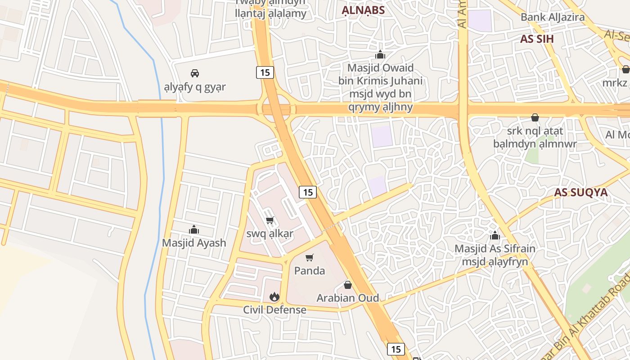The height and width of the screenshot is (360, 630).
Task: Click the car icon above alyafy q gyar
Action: [x=194, y=73]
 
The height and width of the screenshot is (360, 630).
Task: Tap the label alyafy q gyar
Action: [x=195, y=86]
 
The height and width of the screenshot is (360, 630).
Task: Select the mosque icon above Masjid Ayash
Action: [x=194, y=229]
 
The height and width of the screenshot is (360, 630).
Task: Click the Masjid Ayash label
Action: [x=194, y=243]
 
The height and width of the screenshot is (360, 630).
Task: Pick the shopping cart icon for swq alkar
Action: [x=270, y=220]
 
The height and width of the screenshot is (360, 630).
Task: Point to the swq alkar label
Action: [x=270, y=234]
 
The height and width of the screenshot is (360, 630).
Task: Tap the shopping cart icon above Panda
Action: [x=309, y=257]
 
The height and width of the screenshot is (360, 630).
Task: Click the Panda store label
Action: [x=310, y=270]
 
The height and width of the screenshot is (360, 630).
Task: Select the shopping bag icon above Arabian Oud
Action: [x=347, y=284]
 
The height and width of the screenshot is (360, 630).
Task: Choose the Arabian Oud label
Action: [x=348, y=298]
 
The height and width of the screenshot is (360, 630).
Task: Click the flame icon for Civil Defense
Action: [x=274, y=297]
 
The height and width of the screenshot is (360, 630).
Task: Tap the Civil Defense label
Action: [x=274, y=310]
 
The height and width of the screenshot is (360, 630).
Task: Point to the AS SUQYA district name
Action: [x=580, y=192]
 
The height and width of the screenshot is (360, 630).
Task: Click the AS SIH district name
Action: [x=537, y=39]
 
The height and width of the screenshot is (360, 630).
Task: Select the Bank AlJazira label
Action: [x=553, y=17]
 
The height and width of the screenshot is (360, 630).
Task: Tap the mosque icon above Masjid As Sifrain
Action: [x=495, y=235]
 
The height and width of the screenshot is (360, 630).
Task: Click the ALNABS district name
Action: [x=363, y=10]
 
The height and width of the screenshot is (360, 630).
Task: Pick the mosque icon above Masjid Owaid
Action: [x=380, y=55]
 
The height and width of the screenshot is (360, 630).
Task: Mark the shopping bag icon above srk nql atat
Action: [x=535, y=117]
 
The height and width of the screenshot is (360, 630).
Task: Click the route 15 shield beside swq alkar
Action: [x=308, y=192]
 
